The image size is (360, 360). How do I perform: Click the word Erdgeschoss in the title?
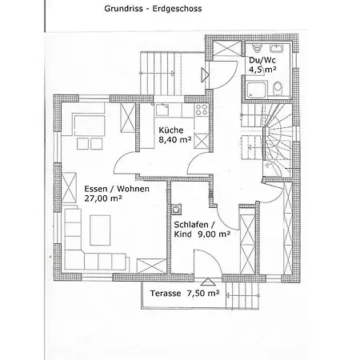[177, 9]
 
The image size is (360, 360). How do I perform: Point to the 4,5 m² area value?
[262, 70]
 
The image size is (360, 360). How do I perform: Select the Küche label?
[171, 130]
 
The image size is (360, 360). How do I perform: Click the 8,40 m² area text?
[175, 139]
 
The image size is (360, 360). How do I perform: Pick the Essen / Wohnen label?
[117, 189]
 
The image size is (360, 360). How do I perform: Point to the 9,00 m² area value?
[214, 234]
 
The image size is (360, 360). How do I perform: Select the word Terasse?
[166, 294]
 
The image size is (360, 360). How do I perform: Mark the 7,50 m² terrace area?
[203, 294]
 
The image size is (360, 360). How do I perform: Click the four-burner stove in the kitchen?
[201, 110]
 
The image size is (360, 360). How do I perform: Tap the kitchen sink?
[162, 110]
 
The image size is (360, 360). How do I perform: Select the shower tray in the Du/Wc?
[256, 90]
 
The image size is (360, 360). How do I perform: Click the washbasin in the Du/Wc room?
[278, 48]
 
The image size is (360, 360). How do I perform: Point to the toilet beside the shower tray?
[278, 88]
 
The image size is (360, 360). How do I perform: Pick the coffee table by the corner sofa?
[100, 230]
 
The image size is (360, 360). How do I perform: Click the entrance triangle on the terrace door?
[208, 282]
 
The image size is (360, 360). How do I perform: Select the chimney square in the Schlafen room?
[176, 209]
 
